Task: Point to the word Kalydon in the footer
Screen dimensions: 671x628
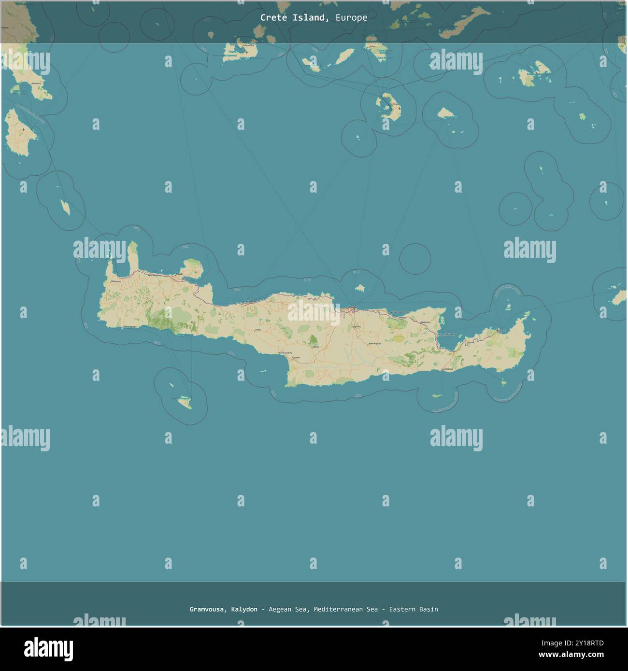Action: [x=244, y=609]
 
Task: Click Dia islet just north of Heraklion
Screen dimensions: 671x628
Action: [x=359, y=288]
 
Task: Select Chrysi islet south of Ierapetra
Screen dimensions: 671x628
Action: [x=437, y=396]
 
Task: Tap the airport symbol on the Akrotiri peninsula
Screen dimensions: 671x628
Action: [x=195, y=272]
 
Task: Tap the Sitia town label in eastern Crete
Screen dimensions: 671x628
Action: [x=501, y=331]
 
